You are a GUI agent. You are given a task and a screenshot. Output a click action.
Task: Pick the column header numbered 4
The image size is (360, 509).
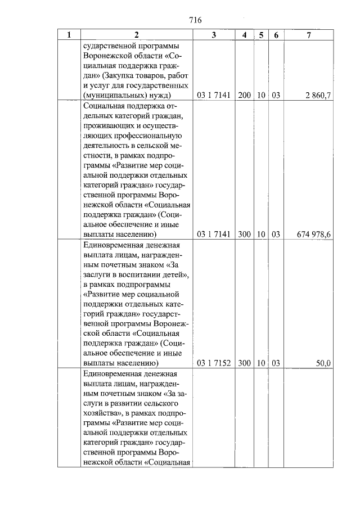tap(244, 35)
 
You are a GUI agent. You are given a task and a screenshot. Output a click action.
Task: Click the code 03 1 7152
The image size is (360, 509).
tap(214, 363)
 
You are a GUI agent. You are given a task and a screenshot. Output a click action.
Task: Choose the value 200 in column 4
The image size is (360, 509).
tap(244, 96)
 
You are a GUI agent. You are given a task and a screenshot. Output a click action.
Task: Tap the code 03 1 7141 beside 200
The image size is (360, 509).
tap(214, 96)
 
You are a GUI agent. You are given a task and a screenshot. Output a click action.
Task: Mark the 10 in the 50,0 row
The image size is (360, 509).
tap(261, 363)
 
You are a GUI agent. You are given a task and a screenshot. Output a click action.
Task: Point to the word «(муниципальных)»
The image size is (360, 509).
tap(111, 96)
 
